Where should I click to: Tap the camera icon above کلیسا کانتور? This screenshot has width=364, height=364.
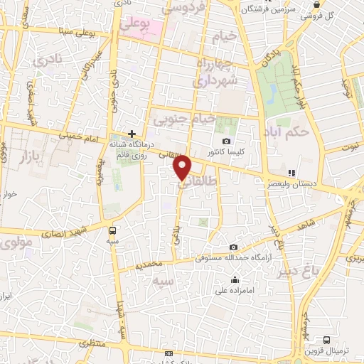226,141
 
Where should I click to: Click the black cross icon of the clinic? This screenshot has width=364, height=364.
132,133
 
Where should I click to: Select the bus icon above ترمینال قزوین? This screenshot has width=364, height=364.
326,340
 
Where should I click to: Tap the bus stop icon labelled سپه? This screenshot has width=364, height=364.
112,230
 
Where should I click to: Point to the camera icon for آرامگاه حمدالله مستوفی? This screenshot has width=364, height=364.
233,247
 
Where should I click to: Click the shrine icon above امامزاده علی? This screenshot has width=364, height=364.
226,279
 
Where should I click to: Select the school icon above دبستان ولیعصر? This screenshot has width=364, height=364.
290,172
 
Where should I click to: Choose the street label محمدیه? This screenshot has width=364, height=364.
149,264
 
